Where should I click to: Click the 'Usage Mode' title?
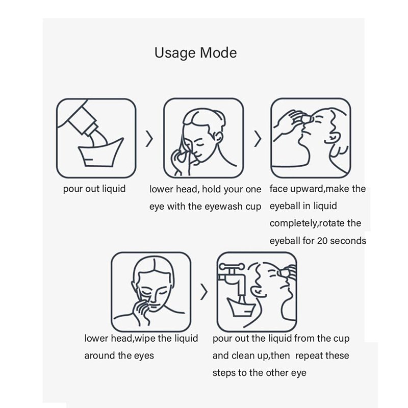click(x=195, y=53)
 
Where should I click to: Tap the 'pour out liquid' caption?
click(x=94, y=189)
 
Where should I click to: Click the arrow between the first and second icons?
click(x=149, y=138)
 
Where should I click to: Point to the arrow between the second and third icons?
click(x=258, y=138)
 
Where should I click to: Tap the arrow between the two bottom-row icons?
click(x=205, y=292)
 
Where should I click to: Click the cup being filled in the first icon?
click(x=100, y=154)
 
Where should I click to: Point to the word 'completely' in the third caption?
click(x=293, y=223)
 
